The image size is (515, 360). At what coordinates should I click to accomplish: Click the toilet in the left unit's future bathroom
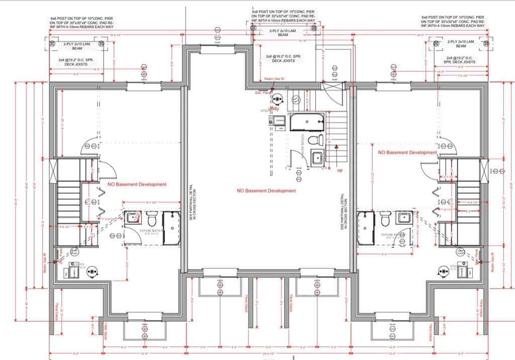pyautogui.click(x=151, y=219)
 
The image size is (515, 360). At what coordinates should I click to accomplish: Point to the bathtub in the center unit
pyautogui.click(x=308, y=121)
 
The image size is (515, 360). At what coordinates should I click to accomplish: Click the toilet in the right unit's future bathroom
pyautogui.click(x=386, y=219)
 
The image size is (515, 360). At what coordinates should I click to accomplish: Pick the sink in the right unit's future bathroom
pyautogui.click(x=404, y=218)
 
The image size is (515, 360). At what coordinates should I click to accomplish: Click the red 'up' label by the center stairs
pyautogui.click(x=340, y=170)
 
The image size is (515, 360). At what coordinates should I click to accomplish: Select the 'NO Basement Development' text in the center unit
pyautogui.click(x=267, y=191)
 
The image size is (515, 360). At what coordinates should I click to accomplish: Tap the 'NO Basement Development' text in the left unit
pyautogui.click(x=137, y=185)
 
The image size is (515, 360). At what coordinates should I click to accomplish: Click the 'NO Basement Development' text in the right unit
pyautogui.click(x=407, y=152)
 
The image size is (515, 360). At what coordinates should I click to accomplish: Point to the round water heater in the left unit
pyautogui.click(x=92, y=272)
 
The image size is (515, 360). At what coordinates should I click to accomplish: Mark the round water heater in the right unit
pyautogui.click(x=445, y=272)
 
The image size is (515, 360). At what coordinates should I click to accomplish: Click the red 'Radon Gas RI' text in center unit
pyautogui.click(x=275, y=79)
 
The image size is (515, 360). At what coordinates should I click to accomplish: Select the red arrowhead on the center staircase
pyautogui.click(x=336, y=146)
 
